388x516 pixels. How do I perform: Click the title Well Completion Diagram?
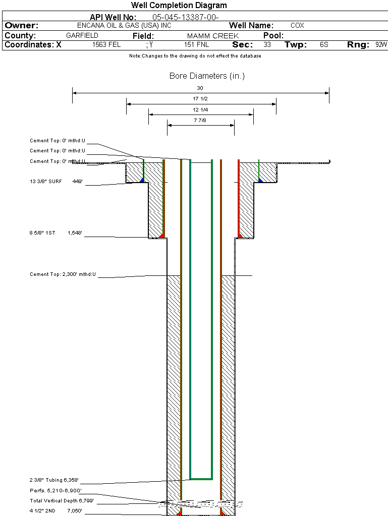(179, 6)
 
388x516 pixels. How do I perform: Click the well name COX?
(297, 25)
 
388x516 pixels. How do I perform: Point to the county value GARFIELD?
(82, 35)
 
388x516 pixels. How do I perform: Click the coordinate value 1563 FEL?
(106, 44)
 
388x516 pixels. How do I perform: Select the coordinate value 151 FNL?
(196, 44)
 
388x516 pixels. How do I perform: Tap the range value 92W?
(381, 44)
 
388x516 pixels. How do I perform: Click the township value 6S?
(324, 44)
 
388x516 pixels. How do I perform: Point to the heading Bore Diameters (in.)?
(207, 76)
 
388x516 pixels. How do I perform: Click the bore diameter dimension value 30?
(200, 88)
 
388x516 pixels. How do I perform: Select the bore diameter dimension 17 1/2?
(200, 99)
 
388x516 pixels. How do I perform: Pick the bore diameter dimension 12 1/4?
(200, 109)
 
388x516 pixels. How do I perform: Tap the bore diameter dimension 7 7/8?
(200, 121)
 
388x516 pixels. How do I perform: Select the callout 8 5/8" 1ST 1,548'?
(56, 233)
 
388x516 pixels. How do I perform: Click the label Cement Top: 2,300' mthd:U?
(63, 274)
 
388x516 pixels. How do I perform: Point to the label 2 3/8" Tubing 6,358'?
(54, 480)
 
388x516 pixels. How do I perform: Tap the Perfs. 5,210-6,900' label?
(56, 490)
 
